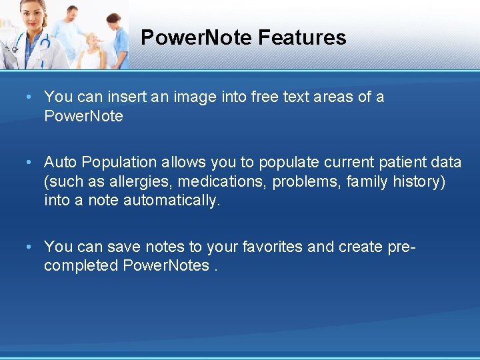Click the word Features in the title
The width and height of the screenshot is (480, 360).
point(302,37)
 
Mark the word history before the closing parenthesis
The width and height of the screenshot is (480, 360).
point(417,181)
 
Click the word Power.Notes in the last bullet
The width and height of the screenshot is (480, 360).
point(166,265)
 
